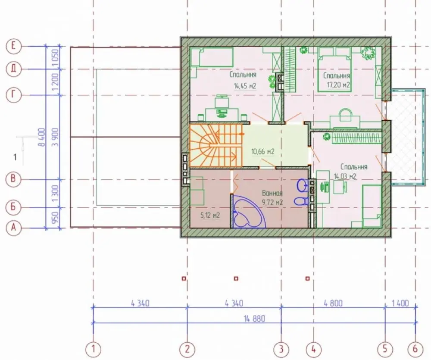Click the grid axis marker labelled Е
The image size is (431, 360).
[x=13, y=46]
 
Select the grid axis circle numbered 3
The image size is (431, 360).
[x=281, y=349]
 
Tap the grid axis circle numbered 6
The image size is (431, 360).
[x=415, y=349]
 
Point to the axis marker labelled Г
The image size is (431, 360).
[x=13, y=95]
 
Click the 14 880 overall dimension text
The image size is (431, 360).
[x=255, y=319]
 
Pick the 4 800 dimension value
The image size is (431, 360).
[x=333, y=304]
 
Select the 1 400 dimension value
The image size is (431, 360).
[x=400, y=304]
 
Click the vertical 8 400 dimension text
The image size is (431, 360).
[x=41, y=137]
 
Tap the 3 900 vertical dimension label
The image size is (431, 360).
[x=56, y=137]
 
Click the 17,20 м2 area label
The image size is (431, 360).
[x=338, y=85]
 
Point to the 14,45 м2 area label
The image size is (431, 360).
[x=245, y=86]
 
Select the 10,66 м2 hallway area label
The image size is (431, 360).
[x=263, y=151]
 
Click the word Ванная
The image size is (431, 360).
[x=272, y=193]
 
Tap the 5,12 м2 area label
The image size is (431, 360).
[x=210, y=215]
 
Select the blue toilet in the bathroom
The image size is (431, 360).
[x=302, y=201]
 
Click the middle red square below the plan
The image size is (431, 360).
[x=236, y=279]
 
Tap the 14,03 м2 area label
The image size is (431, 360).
[x=345, y=176]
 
